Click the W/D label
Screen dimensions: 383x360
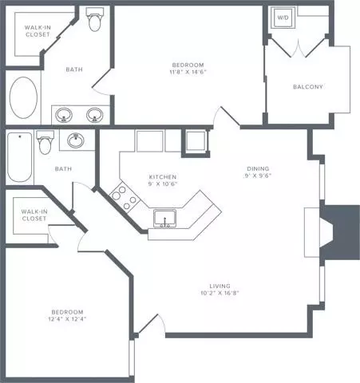pyautogui.click(x=283, y=17)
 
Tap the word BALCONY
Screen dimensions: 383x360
pyautogui.click(x=307, y=87)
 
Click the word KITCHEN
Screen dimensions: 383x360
pyautogui.click(x=162, y=176)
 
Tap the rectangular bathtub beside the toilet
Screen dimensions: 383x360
pyautogui.click(x=17, y=158)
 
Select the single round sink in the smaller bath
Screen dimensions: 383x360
pyautogui.click(x=77, y=141)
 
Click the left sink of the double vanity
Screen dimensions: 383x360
pyautogui.click(x=65, y=113)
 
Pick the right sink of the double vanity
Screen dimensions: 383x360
pyautogui.click(x=95, y=113)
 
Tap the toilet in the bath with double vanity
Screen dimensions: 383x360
pyautogui.click(x=95, y=19)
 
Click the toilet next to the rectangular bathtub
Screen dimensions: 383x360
pyautogui.click(x=45, y=144)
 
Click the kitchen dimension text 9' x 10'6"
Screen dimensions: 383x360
pyautogui.click(x=162, y=184)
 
